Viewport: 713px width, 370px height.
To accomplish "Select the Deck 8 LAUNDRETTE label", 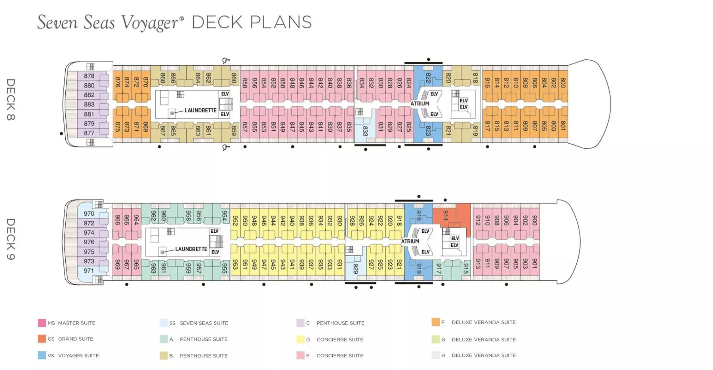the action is pyautogui.click(x=200, y=110).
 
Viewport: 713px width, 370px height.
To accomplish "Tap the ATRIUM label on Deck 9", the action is pyautogui.click(x=410, y=241).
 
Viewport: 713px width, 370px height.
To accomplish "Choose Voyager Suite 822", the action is pyautogui.click(x=428, y=78).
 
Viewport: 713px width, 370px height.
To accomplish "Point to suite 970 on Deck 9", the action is pyautogui.click(x=89, y=214).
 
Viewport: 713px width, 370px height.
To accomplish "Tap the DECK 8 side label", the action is pyautogui.click(x=11, y=100).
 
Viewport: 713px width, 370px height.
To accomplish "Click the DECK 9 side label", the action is pyautogui.click(x=11, y=239).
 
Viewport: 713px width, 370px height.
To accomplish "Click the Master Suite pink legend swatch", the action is pyautogui.click(x=42, y=323).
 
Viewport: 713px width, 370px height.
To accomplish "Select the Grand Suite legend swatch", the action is pyautogui.click(x=42, y=339).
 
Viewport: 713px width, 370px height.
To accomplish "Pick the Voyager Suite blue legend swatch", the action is pyautogui.click(x=42, y=355).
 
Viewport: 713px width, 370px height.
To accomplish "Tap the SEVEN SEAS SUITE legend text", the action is pyautogui.click(x=204, y=323).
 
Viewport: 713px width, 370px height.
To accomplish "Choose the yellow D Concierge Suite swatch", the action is pyautogui.click(x=300, y=339).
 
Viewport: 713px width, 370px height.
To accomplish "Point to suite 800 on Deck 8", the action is pyautogui.click(x=563, y=83).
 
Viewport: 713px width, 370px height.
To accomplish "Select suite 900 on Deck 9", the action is pyautogui.click(x=534, y=220).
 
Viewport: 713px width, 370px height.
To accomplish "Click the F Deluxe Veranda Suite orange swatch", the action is pyautogui.click(x=436, y=322).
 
